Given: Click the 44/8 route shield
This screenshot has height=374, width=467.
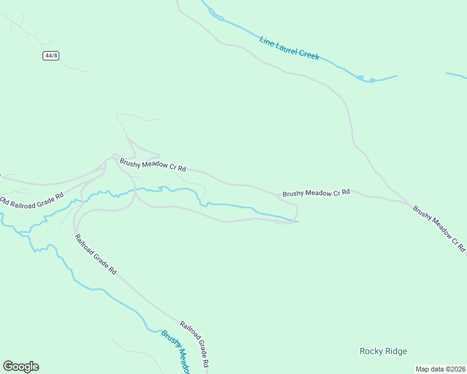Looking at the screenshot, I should pyautogui.click(x=51, y=55).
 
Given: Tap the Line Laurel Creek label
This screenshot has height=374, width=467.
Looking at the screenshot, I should pyautogui.click(x=290, y=48).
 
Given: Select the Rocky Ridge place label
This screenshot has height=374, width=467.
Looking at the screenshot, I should pyautogui.click(x=383, y=352).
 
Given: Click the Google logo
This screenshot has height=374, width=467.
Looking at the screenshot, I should pyautogui.click(x=21, y=367).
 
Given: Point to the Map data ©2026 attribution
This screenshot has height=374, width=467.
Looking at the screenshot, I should pyautogui.click(x=440, y=369).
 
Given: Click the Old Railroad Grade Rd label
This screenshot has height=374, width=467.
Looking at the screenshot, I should pyautogui.click(x=32, y=200).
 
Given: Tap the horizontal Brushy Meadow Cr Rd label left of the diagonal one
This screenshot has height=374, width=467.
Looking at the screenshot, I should pyautogui.click(x=316, y=193).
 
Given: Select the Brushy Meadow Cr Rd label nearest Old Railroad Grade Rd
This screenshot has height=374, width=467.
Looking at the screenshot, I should pyautogui.click(x=153, y=165).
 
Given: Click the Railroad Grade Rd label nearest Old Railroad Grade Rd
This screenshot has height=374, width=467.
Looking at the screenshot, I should pyautogui.click(x=96, y=254).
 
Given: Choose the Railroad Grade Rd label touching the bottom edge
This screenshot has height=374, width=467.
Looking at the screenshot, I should pyautogui.click(x=194, y=344).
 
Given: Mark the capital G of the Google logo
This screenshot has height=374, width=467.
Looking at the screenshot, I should pyautogui.click(x=8, y=366).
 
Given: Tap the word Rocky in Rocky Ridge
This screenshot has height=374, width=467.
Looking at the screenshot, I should pyautogui.click(x=371, y=352).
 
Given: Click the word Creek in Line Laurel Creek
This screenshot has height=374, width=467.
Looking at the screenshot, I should pyautogui.click(x=309, y=55).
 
